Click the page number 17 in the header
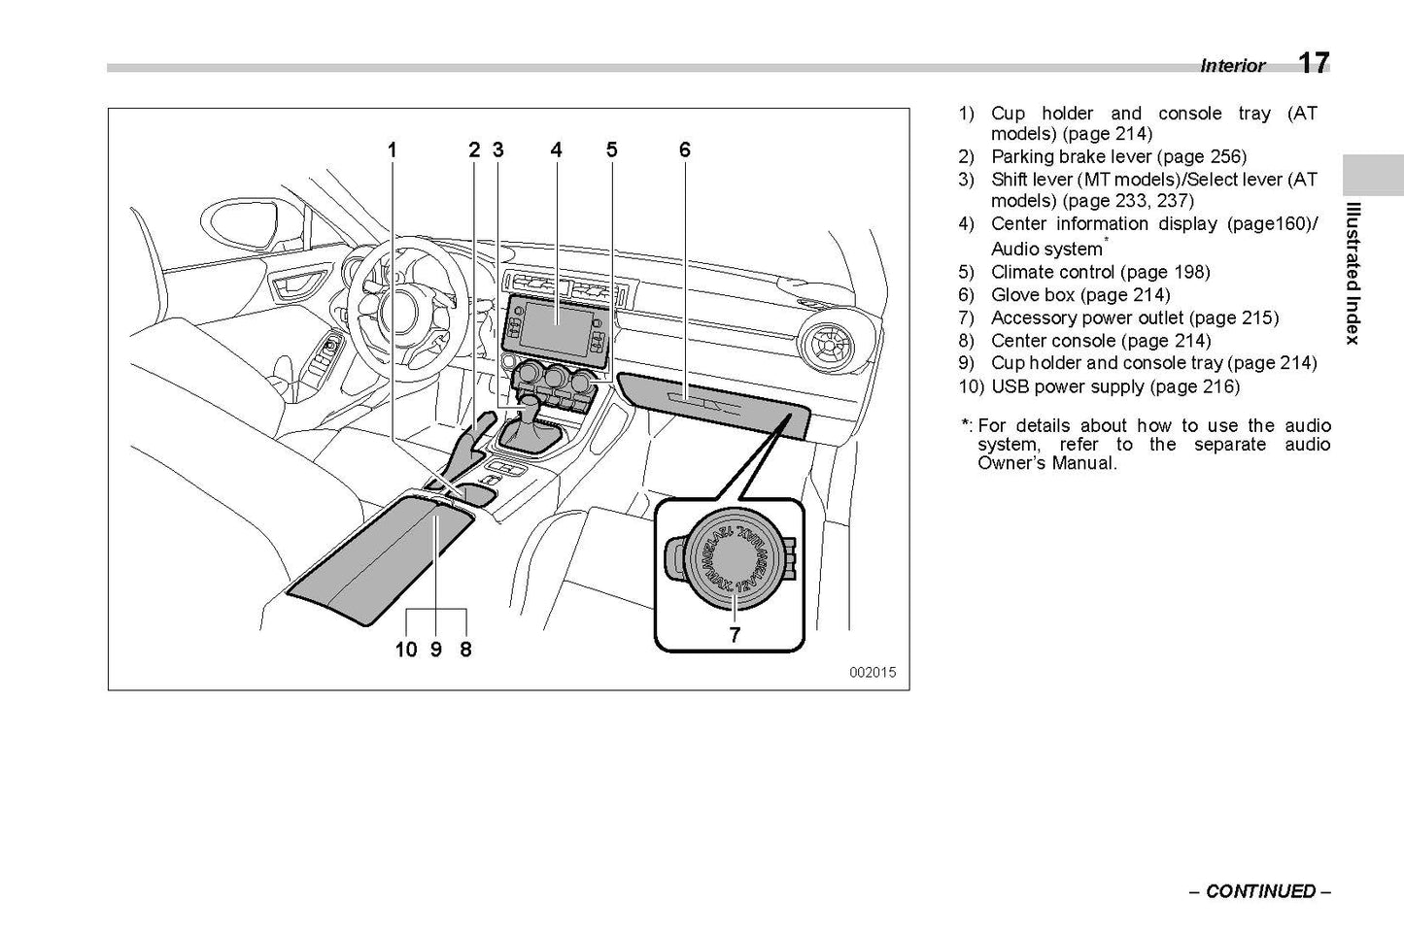point(1313,63)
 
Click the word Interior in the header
point(1232,66)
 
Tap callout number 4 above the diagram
point(556,150)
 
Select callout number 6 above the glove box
point(684,150)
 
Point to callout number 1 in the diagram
point(393,150)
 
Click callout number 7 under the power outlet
point(735,635)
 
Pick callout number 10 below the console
point(405,649)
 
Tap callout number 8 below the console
point(465,649)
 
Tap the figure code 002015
point(872,672)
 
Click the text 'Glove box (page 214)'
point(1079,295)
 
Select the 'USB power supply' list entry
point(1114,386)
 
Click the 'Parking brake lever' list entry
point(1117,156)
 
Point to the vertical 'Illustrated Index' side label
point(1352,273)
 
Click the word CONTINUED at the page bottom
point(1260,891)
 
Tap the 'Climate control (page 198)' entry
point(1100,272)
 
